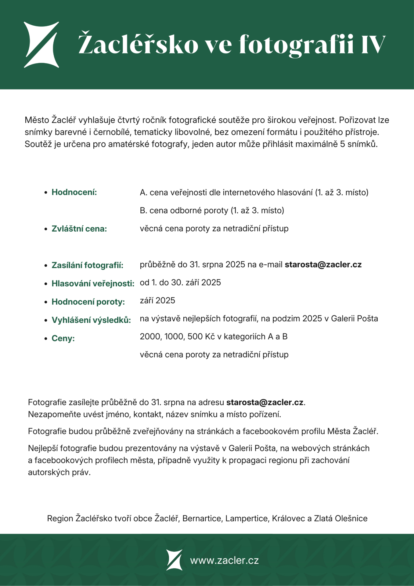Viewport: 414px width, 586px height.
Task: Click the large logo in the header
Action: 41,45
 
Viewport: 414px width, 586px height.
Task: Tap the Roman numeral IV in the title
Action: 373,45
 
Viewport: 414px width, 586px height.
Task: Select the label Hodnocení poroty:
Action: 88,302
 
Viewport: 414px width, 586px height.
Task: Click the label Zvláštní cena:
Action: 79,229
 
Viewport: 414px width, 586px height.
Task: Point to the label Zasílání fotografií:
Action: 88,265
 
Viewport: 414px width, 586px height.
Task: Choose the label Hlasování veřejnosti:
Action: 93,284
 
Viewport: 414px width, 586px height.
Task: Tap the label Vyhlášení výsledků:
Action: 91,320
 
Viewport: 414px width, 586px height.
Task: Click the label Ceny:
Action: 63,338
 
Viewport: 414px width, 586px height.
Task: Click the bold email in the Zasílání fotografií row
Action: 323,265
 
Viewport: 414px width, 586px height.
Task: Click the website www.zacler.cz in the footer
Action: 224,560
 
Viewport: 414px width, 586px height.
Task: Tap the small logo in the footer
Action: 174,560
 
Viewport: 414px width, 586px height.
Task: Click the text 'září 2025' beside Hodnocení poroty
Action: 157,301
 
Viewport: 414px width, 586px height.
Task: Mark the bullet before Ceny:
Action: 46,339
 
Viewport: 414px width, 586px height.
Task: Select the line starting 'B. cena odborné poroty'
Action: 212,211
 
